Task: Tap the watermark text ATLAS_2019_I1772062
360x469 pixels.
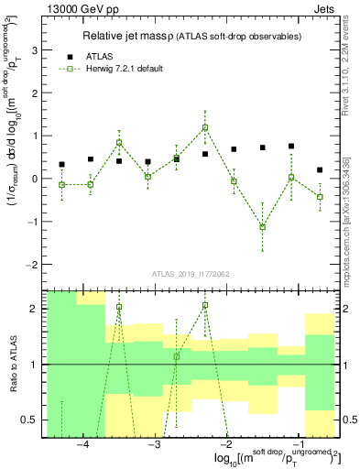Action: pyautogui.click(x=191, y=274)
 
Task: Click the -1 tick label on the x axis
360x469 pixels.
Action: pyautogui.click(x=297, y=446)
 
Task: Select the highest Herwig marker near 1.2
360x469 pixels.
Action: pyautogui.click(x=205, y=127)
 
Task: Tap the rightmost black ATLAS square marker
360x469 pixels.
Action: pyautogui.click(x=320, y=170)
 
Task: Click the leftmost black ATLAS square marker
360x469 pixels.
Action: pyautogui.click(x=61, y=165)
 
